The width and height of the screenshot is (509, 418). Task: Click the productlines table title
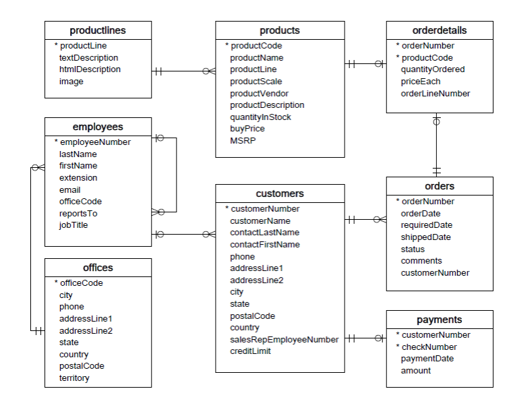98,30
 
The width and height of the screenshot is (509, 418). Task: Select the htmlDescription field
90,69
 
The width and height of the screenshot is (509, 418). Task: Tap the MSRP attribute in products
243,141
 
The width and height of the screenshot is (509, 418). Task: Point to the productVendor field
259,94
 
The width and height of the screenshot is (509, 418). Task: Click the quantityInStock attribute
260,117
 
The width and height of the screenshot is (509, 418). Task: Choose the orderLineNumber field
435,94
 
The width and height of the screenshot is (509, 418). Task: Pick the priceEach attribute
420,82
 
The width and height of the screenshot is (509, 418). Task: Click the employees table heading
98,127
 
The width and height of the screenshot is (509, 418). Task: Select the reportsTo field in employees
78,214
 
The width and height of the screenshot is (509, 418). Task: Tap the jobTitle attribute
73,225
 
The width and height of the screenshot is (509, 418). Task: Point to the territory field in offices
74,378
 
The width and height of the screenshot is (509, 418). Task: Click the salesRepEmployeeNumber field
284,340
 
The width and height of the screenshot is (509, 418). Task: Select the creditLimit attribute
250,351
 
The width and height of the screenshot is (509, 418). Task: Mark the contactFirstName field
265,245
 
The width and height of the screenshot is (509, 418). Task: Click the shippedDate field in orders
425,237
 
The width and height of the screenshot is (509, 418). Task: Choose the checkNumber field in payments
429,347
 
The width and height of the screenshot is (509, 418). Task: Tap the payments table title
439,320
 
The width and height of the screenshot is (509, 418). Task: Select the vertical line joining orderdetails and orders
437,145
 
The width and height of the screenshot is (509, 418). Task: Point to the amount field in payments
415,371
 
